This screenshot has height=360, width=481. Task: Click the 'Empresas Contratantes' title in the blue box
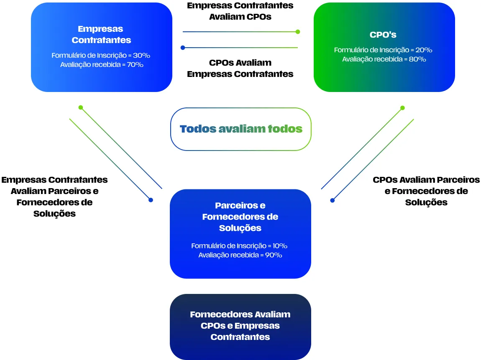point(101,35)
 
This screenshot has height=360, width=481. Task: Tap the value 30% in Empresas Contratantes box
point(142,55)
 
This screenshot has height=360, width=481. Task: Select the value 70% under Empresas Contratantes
point(135,65)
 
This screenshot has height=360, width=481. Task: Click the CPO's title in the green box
point(383,35)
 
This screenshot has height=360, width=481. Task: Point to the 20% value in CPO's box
point(424,50)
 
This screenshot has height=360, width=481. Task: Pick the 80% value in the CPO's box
point(417,59)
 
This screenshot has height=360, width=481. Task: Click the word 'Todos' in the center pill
point(198,129)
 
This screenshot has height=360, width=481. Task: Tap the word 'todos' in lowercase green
point(285,129)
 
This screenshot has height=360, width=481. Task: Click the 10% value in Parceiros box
point(279,246)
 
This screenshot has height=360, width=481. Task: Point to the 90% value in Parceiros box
point(274,255)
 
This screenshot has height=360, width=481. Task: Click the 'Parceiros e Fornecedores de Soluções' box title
point(240,217)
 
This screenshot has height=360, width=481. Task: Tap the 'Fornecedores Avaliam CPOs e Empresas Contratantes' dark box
point(240,326)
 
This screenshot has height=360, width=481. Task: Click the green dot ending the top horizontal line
point(298,31)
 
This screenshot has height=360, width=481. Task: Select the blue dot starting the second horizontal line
point(183,48)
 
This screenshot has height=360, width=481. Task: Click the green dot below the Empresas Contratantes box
point(81,107)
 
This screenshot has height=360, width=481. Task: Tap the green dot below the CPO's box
point(402,108)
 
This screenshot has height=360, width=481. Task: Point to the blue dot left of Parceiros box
point(151,200)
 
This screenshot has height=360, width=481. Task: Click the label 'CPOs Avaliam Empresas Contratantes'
point(240,68)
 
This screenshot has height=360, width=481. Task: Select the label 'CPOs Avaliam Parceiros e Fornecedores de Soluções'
point(426,191)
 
